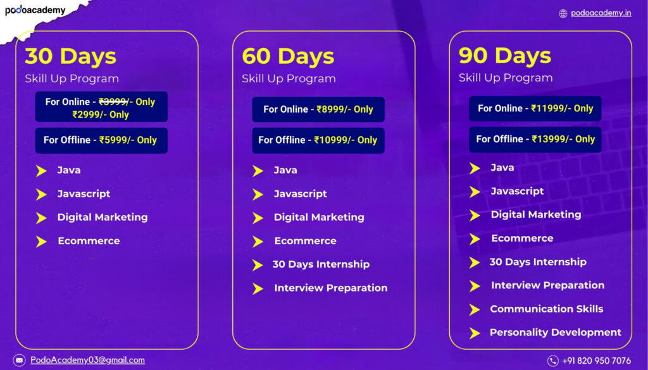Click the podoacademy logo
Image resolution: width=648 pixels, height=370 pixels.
(x=35, y=10)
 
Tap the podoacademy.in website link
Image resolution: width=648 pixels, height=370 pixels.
(x=601, y=13)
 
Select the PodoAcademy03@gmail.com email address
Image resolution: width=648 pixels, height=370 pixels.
(x=87, y=360)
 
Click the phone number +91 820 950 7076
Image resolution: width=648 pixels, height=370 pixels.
(x=597, y=361)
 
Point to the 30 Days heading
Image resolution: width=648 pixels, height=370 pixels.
(x=70, y=56)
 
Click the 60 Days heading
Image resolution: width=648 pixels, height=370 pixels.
(x=288, y=56)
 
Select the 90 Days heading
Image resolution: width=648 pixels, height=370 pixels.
(x=504, y=55)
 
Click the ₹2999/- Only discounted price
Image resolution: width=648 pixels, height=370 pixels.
(x=101, y=114)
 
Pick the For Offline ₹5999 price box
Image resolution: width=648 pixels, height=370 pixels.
(x=101, y=140)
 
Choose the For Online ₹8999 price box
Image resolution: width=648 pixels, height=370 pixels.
(x=318, y=109)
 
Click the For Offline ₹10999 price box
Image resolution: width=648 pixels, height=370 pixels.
(x=318, y=140)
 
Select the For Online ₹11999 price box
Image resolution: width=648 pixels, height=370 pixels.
(x=535, y=109)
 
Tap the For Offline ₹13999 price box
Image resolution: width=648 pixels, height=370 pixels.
(x=535, y=139)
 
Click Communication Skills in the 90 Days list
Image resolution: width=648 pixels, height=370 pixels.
(x=546, y=309)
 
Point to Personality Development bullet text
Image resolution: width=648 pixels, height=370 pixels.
(x=556, y=333)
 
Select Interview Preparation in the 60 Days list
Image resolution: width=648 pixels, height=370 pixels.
(x=330, y=288)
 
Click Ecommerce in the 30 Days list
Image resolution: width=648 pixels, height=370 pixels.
(x=89, y=241)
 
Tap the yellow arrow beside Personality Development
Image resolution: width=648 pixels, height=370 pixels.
(x=475, y=333)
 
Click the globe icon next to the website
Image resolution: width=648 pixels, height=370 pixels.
(x=563, y=13)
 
